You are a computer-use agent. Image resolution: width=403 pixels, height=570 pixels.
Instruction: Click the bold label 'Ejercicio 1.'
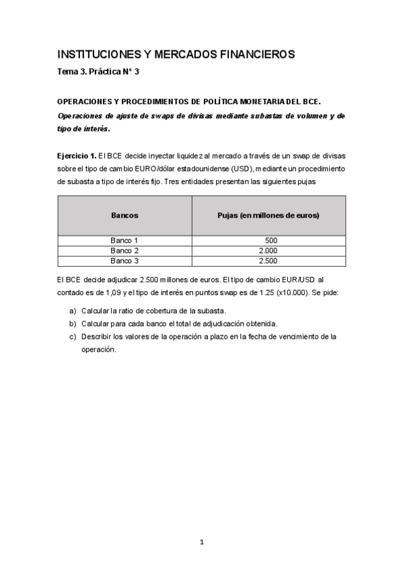coord(77,155)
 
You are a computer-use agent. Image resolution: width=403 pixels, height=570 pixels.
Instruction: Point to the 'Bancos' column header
coord(124,215)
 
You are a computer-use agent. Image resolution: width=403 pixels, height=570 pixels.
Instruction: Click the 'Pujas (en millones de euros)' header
coord(268,215)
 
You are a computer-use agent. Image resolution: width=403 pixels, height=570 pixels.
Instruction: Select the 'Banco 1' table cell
coord(124,240)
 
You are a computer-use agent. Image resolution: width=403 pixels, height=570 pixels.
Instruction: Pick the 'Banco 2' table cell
coord(124,250)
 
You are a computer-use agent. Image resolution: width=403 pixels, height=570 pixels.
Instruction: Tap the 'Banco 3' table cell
coord(124,260)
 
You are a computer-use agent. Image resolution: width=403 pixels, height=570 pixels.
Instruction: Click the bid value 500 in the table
coord(271,240)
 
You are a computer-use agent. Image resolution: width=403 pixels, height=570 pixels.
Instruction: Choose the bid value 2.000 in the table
coord(268,250)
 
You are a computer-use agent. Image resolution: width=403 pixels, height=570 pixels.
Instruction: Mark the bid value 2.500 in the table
coord(268,260)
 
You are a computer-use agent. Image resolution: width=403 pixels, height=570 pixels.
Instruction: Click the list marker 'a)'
coord(73,311)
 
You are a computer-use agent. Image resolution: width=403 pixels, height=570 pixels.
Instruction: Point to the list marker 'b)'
coord(73,323)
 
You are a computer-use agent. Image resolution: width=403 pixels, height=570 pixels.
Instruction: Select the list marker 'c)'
coord(73,336)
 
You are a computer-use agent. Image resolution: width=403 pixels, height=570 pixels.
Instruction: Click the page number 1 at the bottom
coord(202,542)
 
